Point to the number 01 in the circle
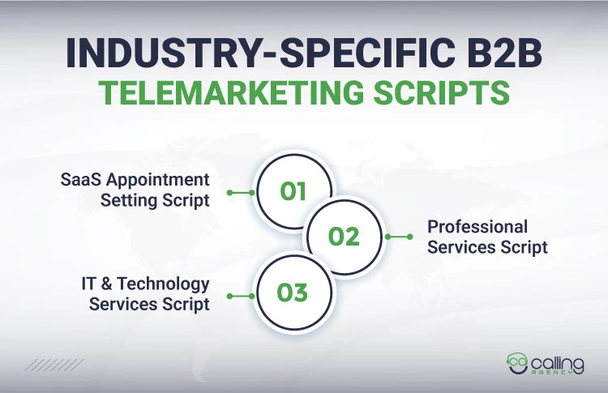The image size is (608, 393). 293,192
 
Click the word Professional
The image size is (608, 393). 477,227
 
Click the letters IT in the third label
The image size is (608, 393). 90,284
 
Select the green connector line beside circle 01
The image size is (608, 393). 241,193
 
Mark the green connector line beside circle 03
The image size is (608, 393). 241,297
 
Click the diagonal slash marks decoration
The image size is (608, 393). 54,365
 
